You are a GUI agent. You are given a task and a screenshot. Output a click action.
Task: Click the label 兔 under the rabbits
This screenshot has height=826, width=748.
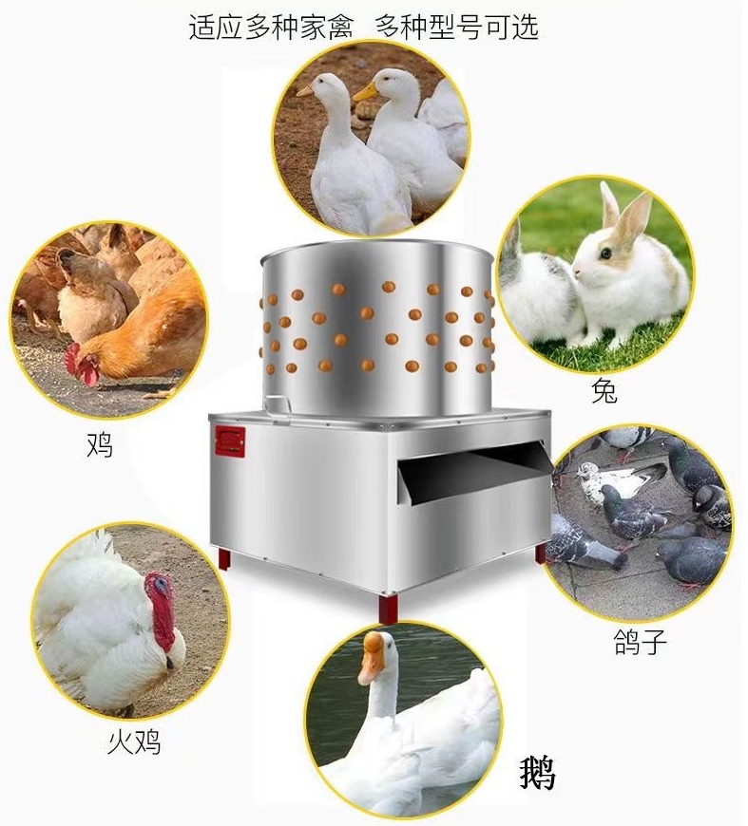click(604, 391)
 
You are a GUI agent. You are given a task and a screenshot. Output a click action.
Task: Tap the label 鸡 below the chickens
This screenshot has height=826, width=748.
click(100, 444)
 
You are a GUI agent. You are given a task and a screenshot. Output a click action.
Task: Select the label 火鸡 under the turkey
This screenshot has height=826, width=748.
click(134, 742)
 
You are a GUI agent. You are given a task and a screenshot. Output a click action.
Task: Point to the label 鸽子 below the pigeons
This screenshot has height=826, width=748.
click(641, 642)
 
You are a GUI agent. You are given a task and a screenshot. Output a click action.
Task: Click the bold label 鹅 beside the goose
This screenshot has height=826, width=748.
click(538, 773)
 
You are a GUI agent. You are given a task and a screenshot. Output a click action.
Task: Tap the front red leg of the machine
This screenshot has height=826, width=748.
click(389, 608)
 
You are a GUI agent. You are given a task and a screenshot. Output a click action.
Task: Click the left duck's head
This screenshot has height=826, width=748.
click(324, 85)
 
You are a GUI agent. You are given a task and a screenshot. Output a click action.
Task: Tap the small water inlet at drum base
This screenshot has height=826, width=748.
click(278, 405)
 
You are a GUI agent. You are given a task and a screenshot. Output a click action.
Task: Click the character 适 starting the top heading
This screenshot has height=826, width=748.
click(203, 28)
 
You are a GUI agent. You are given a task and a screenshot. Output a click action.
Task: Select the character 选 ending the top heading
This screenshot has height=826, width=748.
click(526, 27)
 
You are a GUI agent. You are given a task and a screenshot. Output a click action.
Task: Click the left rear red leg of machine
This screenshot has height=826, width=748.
click(224, 559)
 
